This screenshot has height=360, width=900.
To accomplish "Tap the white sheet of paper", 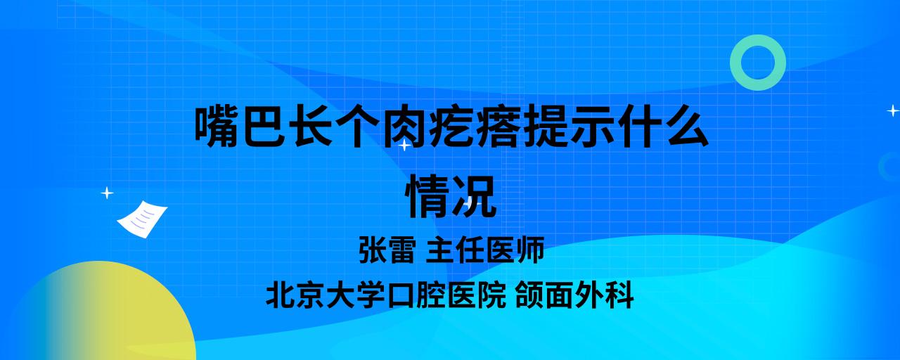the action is pyautogui.click(x=142, y=219).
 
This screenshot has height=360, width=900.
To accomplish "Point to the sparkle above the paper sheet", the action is pyautogui.click(x=107, y=193).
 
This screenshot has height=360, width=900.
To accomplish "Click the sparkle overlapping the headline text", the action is pyautogui.click(x=404, y=145).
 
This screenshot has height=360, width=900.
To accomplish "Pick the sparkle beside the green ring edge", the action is pyautogui.click(x=893, y=110).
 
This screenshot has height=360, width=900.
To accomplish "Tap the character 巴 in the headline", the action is pyautogui.click(x=263, y=126).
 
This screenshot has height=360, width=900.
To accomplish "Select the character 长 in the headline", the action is pyautogui.click(x=314, y=126).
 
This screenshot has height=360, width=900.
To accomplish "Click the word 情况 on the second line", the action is pyautogui.click(x=451, y=197).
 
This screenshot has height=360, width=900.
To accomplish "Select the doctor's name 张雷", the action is pyautogui.click(x=387, y=250).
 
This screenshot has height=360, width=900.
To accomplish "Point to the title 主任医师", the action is pyautogui.click(x=485, y=250).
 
